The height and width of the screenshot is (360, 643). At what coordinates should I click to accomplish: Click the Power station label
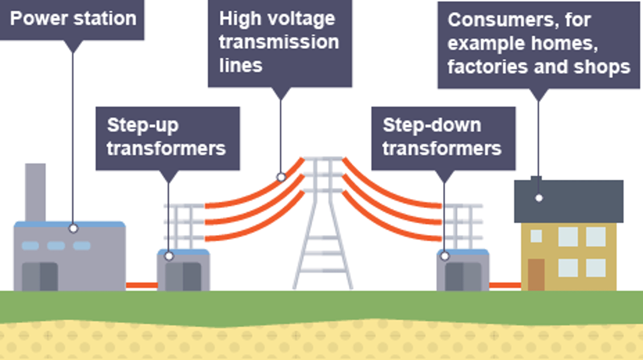pyautogui.click(x=72, y=19)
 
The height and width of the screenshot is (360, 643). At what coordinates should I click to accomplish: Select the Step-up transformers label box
pyautogui.click(x=167, y=138)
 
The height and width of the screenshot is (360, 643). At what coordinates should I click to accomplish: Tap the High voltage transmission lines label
pyautogui.click(x=280, y=42)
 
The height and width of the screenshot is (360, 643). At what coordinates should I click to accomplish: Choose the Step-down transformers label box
pyautogui.click(x=443, y=138)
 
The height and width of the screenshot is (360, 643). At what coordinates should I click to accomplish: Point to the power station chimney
pyautogui.click(x=35, y=191)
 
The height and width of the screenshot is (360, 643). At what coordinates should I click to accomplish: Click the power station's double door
pyautogui.click(x=40, y=276)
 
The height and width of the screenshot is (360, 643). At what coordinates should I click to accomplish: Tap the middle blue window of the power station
pyautogui.click(x=56, y=246)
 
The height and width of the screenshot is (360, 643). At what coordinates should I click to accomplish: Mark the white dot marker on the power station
pyautogui.click(x=73, y=228)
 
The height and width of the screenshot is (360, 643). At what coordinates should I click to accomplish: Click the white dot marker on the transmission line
pyautogui.click(x=281, y=177)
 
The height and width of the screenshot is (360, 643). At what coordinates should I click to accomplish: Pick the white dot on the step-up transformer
pyautogui.click(x=169, y=256)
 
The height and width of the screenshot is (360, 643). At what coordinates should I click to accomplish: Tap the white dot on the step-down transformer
pyautogui.click(x=445, y=256)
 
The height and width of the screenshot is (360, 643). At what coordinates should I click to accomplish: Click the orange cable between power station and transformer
pyautogui.click(x=141, y=285)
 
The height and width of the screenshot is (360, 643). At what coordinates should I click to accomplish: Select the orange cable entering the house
pyautogui.click(x=505, y=285)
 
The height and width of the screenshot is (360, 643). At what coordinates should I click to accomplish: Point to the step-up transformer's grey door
pyautogui.click(x=183, y=277)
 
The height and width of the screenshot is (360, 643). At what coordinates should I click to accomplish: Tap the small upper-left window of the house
pyautogui.click(x=536, y=236)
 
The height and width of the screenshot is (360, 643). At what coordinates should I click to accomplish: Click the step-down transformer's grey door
pyautogui.click(x=463, y=277)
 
